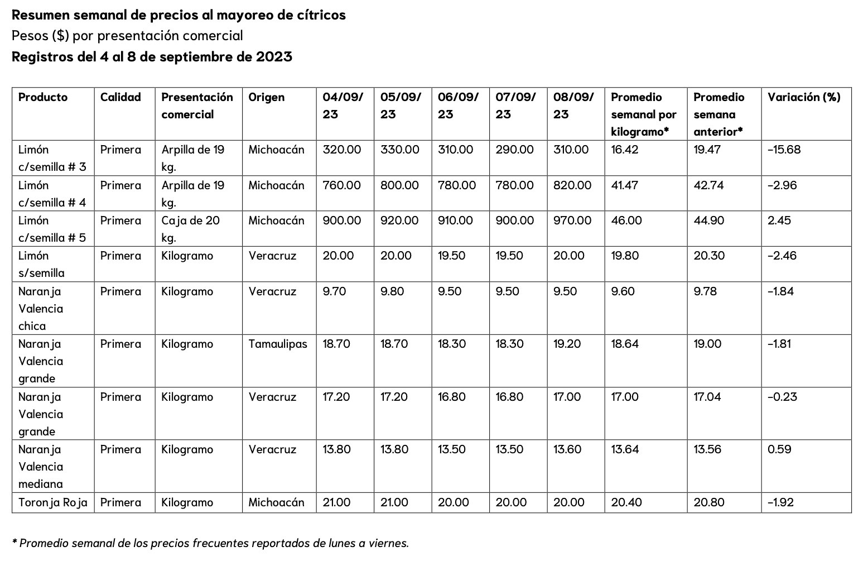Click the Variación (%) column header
pyautogui.click(x=803, y=97)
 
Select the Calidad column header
pyautogui.click(x=120, y=97)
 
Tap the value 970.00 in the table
pyautogui.click(x=572, y=220)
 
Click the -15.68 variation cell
pyautogui.click(x=784, y=150)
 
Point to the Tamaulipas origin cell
pyautogui.click(x=277, y=344)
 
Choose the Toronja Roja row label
pyautogui.click(x=52, y=502)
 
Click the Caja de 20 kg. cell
pyautogui.click(x=190, y=229)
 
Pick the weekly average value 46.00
pyautogui.click(x=626, y=220)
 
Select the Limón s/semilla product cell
pyautogui.click(x=41, y=264)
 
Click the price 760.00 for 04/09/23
pyautogui.click(x=341, y=185)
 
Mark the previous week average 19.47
pyautogui.click(x=707, y=150)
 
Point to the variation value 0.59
pyautogui.click(x=779, y=449)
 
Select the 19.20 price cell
pyautogui.click(x=567, y=344)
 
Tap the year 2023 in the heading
pyautogui.click(x=274, y=57)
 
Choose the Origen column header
pyautogui.click(x=266, y=97)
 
